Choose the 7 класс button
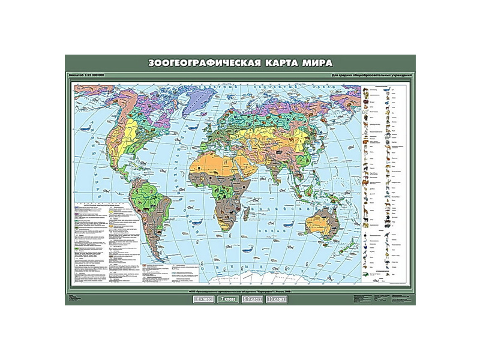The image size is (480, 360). [x=227, y=298]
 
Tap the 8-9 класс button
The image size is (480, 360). [x=251, y=298]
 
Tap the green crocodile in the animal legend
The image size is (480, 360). [x=367, y=274]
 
